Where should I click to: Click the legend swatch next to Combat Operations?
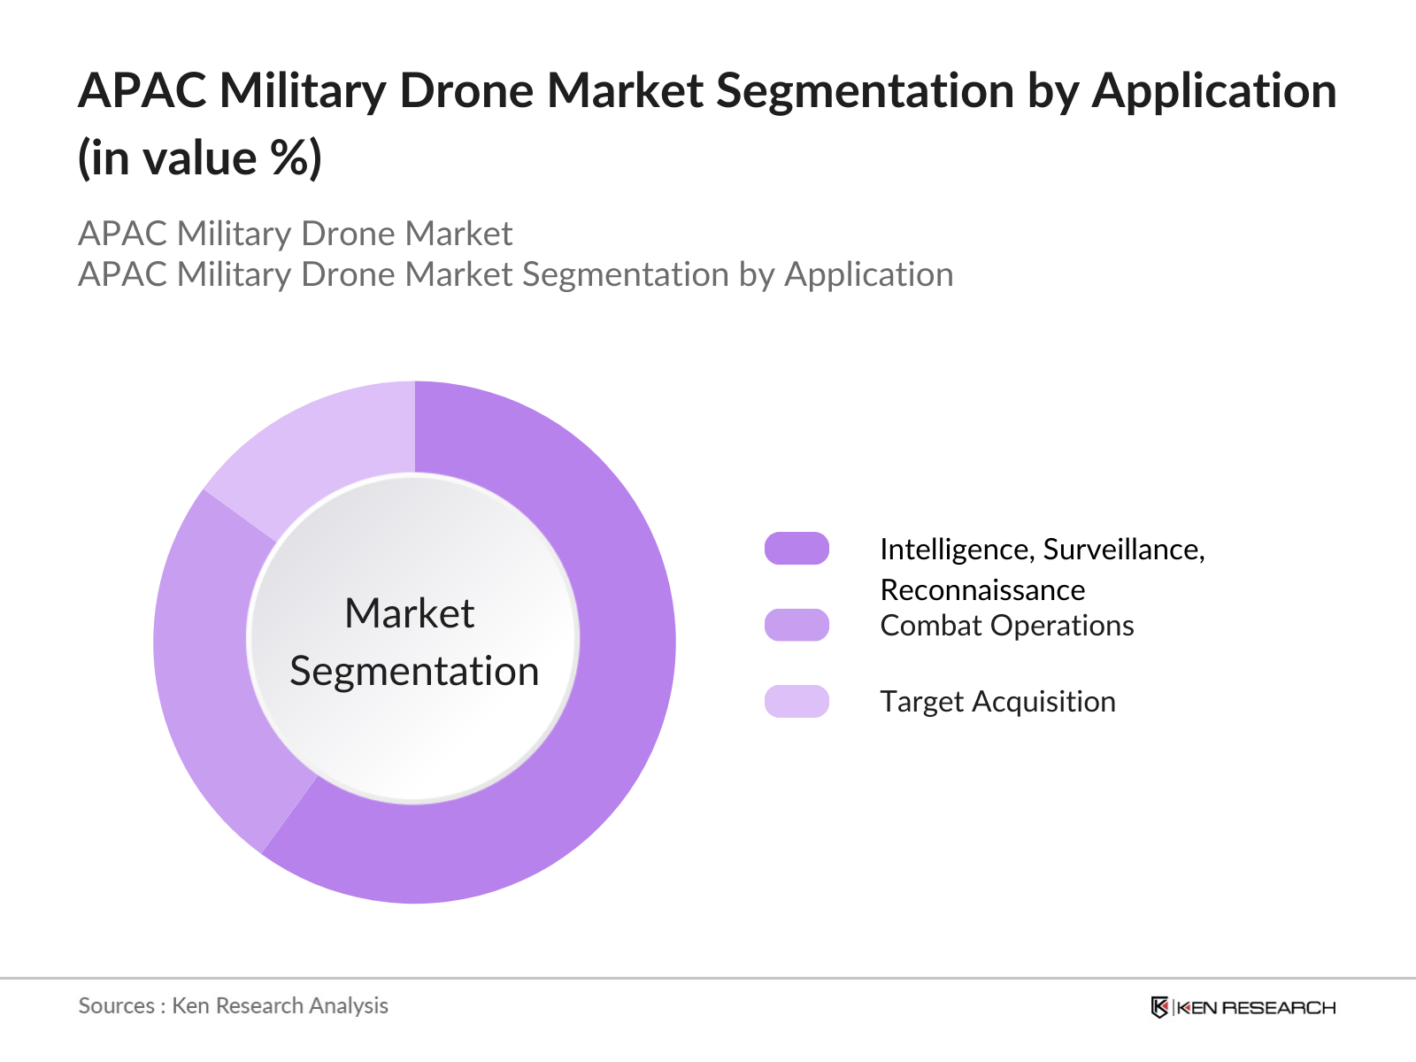pyautogui.click(x=796, y=625)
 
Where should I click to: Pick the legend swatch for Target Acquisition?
pyautogui.click(x=796, y=701)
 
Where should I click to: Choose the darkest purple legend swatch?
pyautogui.click(x=796, y=549)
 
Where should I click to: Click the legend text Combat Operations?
pyautogui.click(x=1006, y=626)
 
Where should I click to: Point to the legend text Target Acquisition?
pyautogui.click(x=997, y=702)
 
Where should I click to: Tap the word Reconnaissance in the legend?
pyautogui.click(x=982, y=590)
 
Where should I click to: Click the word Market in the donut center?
pyautogui.click(x=409, y=613)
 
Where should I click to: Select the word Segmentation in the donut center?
pyautogui.click(x=414, y=671)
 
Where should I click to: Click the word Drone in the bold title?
pyautogui.click(x=466, y=91)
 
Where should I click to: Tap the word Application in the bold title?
pyautogui.click(x=1213, y=91)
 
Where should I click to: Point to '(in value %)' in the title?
pyautogui.click(x=200, y=159)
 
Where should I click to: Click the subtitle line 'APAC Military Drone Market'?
pyautogui.click(x=295, y=234)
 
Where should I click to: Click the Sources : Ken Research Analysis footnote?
pyautogui.click(x=233, y=1006)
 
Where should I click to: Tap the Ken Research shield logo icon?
pyautogui.click(x=1159, y=1007)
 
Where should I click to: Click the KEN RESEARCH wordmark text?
pyautogui.click(x=1257, y=1008)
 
